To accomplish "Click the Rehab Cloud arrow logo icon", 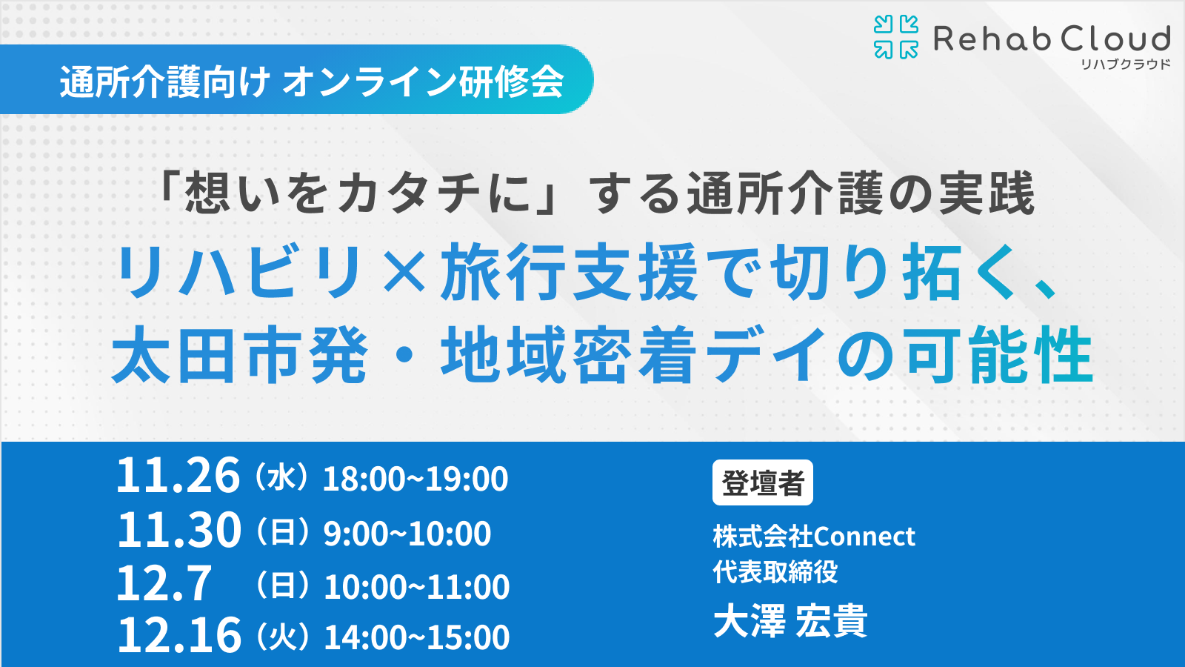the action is click(x=895, y=36).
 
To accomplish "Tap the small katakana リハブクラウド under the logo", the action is click(x=1125, y=64).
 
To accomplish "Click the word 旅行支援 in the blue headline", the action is click(x=570, y=271).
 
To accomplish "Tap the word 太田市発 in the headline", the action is click(x=240, y=354).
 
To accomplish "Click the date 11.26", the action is click(x=178, y=475).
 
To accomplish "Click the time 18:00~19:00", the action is click(x=415, y=479).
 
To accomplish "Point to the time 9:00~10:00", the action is click(x=407, y=533).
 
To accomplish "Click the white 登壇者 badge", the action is click(x=763, y=482).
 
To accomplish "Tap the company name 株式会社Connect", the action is click(x=814, y=537).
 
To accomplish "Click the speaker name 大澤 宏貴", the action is click(x=790, y=620).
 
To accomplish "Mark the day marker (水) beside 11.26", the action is click(x=281, y=477).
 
